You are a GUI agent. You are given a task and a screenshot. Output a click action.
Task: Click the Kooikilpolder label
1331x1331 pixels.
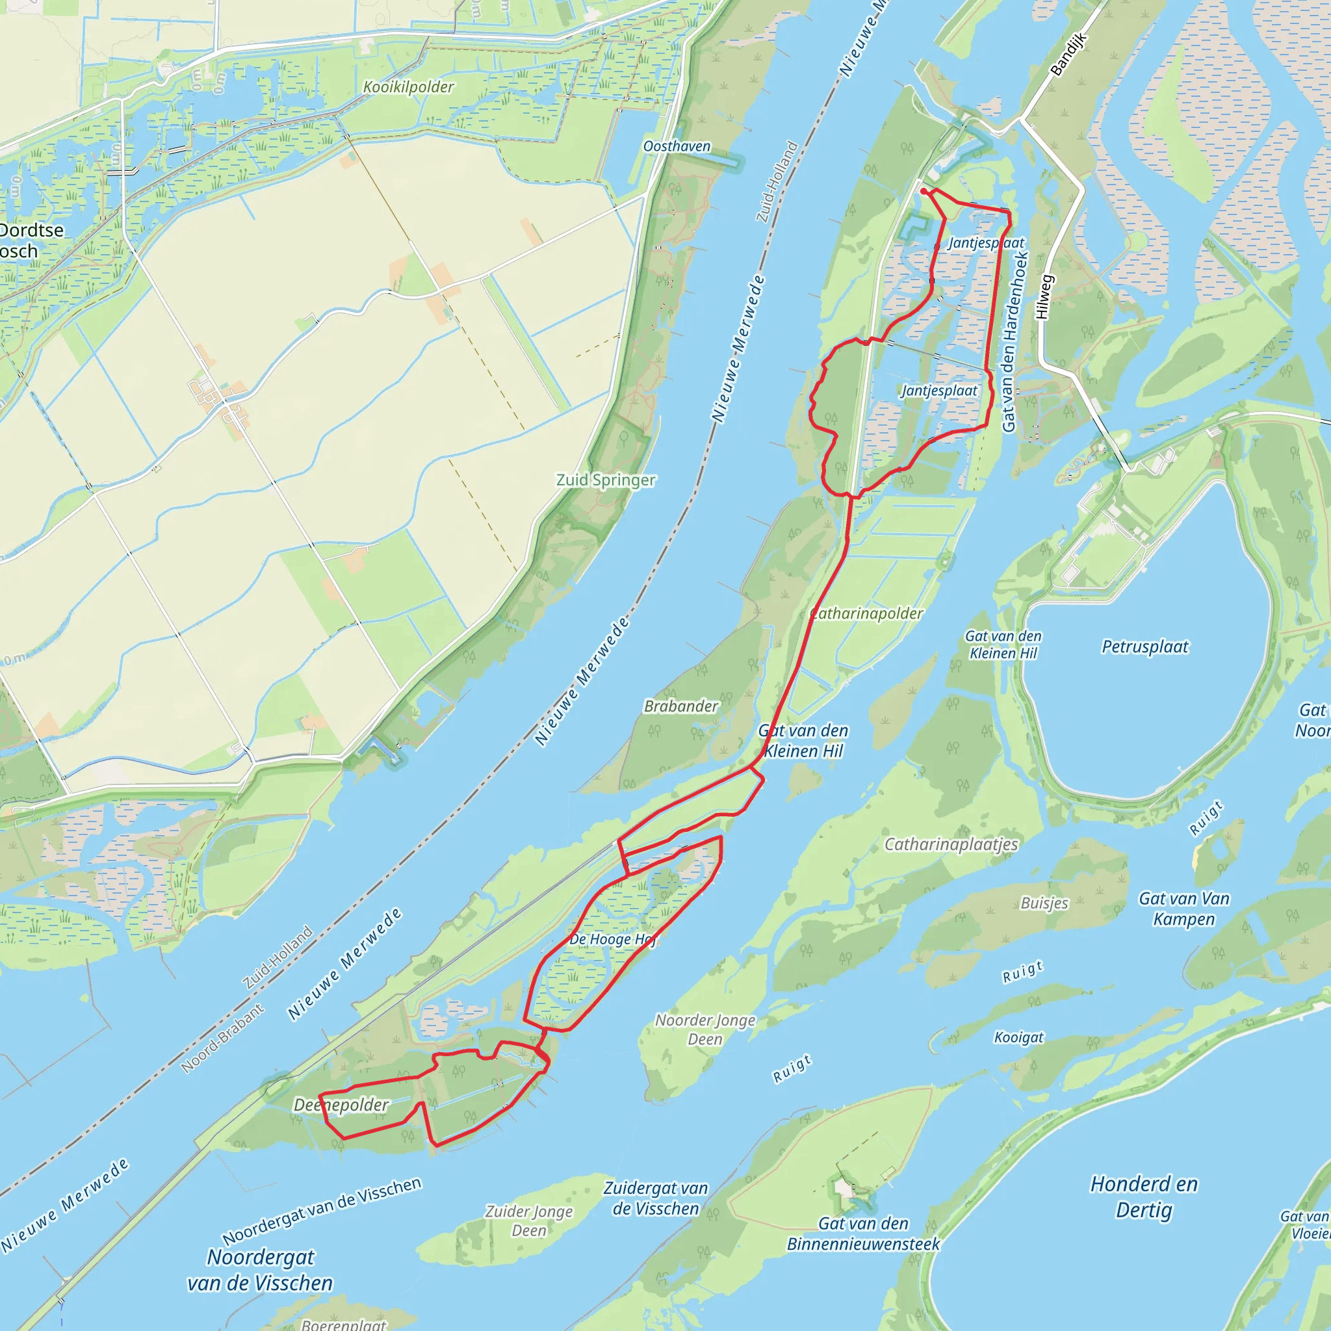(x=409, y=87)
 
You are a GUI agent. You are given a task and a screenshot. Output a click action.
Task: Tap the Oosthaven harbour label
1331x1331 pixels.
(x=677, y=146)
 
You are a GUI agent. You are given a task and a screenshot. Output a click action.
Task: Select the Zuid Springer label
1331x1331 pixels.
(x=606, y=480)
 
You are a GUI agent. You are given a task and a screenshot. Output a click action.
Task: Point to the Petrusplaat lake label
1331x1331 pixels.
(x=1145, y=647)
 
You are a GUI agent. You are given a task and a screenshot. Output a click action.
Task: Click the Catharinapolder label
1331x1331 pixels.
(x=867, y=613)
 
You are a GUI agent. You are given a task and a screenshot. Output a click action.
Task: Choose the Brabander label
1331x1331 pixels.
(x=680, y=706)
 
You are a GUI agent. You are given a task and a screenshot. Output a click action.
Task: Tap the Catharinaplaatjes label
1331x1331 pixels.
(x=951, y=845)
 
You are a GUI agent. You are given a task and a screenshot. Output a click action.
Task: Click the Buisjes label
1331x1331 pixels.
(x=1044, y=903)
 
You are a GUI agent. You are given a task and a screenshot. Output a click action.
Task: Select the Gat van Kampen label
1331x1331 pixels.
(x=1183, y=909)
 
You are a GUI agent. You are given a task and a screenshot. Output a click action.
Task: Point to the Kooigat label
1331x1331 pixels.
(x=1018, y=1037)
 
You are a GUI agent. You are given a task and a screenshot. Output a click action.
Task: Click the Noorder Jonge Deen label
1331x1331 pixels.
(x=704, y=1029)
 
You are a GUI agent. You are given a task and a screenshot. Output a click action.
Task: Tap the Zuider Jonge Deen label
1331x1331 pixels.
(x=528, y=1221)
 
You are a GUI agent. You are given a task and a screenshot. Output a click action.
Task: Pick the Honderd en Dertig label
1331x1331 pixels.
(x=1144, y=1196)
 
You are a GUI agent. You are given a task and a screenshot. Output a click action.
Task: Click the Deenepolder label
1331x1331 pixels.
(x=342, y=1105)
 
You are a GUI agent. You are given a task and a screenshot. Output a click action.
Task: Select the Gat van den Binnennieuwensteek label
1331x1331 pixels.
(x=863, y=1233)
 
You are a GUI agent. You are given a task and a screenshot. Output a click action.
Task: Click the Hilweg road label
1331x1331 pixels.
(x=1044, y=297)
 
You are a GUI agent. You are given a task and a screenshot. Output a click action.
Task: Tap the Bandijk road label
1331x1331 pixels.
(x=1068, y=54)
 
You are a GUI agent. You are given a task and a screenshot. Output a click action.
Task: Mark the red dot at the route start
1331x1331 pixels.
(x=923, y=192)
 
